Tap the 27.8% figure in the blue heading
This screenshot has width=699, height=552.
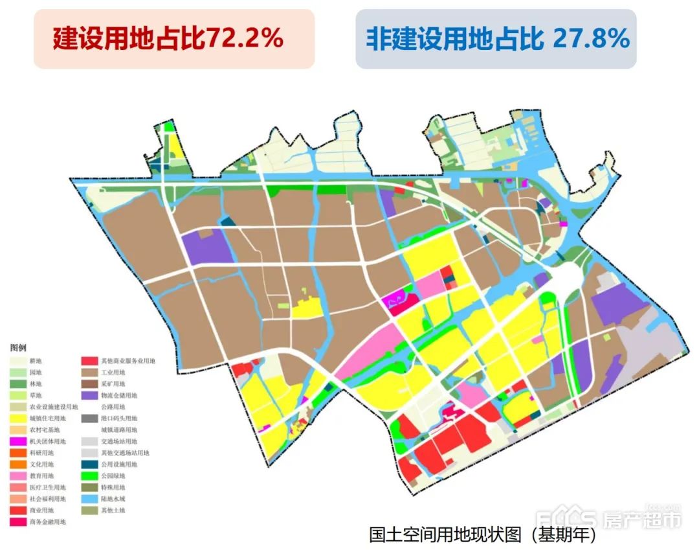point(591,39)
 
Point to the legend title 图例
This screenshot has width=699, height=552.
point(18,348)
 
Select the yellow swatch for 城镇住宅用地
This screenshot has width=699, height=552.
point(18,419)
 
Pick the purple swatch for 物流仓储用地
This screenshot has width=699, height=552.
point(89,395)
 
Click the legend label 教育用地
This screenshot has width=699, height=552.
point(43,476)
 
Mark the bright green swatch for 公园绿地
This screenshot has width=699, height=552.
point(89,476)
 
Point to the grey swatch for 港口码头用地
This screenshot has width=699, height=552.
point(89,419)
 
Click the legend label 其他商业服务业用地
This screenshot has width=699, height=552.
point(128,361)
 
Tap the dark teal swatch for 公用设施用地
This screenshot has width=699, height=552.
point(89,465)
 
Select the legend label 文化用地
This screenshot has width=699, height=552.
point(43,465)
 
